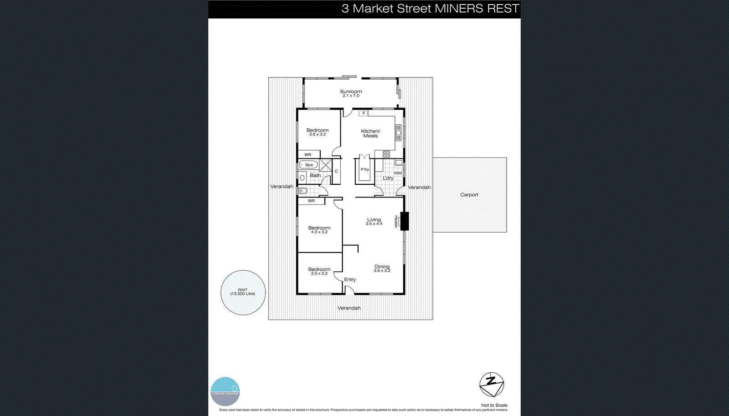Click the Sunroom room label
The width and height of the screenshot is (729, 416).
pyautogui.click(x=351, y=93)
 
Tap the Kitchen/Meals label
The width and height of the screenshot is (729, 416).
pyautogui.click(x=370, y=133)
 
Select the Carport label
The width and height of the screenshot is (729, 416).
pyautogui.click(x=469, y=195)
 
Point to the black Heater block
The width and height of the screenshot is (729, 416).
pyautogui.click(x=405, y=221)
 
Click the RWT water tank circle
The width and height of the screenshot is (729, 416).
pyautogui.click(x=243, y=292)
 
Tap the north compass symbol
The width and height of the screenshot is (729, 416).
pyautogui.click(x=491, y=385)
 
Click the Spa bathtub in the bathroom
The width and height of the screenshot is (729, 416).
pyautogui.click(x=308, y=165)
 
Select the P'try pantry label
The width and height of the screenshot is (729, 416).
pyautogui.click(x=364, y=169)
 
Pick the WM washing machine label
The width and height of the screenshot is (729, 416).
pyautogui.click(x=398, y=173)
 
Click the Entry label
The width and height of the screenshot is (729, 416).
pyautogui.click(x=350, y=279)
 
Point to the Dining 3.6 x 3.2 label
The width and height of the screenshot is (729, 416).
pyautogui.click(x=382, y=269)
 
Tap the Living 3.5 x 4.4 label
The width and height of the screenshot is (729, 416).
pyautogui.click(x=374, y=221)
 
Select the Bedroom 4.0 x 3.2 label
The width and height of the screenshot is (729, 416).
pyautogui.click(x=319, y=229)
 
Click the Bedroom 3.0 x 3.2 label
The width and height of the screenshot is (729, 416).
pyautogui.click(x=319, y=271)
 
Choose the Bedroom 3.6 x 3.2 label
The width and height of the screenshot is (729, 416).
pyautogui.click(x=317, y=132)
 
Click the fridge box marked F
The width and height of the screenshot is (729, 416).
pyautogui.click(x=364, y=113)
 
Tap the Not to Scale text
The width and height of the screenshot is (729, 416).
pyautogui.click(x=494, y=405)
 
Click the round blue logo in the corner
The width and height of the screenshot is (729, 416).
pyautogui.click(x=225, y=391)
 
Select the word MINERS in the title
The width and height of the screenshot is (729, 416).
pyautogui.click(x=459, y=9)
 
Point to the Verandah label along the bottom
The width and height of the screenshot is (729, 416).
pyautogui.click(x=349, y=308)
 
